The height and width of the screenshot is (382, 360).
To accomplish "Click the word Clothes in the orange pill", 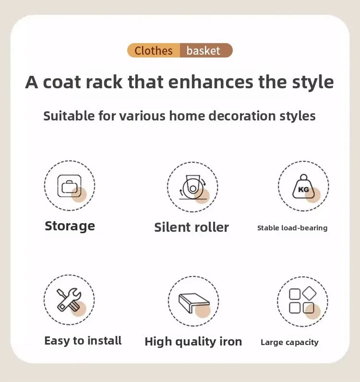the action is [154, 51].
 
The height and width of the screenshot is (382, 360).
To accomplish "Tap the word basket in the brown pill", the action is [203, 51].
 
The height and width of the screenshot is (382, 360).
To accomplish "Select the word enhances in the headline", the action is [211, 82].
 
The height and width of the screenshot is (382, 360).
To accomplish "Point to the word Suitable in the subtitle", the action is [69, 116].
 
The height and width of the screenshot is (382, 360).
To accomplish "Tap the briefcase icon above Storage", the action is [70, 186].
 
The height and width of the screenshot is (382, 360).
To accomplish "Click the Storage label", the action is [70, 226].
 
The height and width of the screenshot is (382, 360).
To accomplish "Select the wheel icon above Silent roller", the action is [192, 187].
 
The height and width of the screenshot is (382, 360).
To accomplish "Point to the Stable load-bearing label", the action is [292, 228].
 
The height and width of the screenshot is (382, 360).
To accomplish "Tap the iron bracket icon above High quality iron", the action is [194, 303].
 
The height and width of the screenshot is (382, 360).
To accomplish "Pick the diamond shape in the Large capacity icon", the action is [309, 293].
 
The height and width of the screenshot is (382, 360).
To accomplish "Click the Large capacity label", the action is [289, 343].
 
